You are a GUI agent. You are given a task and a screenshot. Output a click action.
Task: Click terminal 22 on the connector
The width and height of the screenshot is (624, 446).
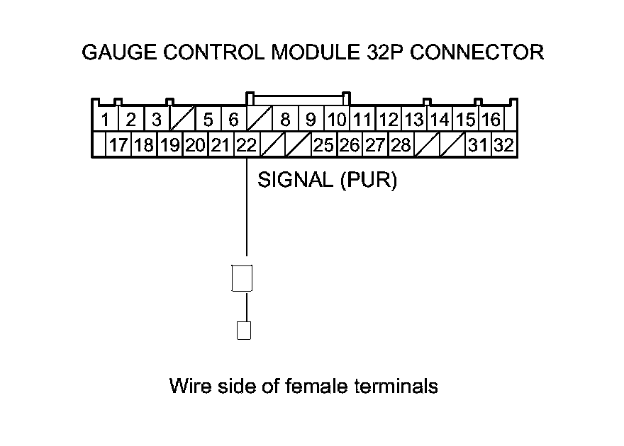coord(246,145)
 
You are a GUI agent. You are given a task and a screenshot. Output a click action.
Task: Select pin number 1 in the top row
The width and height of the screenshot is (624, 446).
coord(105,119)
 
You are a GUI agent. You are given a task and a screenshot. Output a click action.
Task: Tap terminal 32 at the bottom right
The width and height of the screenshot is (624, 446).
coord(504,145)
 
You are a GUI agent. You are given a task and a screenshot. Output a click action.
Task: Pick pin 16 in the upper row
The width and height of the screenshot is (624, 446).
coord(491,119)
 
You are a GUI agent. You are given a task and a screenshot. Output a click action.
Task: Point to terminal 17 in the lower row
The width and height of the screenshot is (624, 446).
coord(118,145)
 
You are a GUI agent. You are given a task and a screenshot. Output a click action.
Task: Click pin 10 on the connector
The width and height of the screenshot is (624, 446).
coord(336,119)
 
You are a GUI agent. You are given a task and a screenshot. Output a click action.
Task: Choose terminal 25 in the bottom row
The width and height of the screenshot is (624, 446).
coord(323,145)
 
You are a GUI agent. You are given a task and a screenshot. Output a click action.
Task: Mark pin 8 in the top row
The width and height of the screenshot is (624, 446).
coord(285,119)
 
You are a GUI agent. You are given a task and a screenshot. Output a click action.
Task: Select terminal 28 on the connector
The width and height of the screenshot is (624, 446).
coord(401,145)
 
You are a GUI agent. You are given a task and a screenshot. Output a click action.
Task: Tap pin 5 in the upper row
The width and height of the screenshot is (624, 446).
coord(208,119)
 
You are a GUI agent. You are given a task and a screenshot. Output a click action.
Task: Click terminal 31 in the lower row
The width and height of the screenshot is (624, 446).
coord(478,145)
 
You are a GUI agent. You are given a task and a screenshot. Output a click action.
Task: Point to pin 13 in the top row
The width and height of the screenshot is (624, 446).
coord(413,119)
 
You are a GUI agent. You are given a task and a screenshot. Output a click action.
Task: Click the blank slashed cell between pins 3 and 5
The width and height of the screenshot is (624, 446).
coord(182,119)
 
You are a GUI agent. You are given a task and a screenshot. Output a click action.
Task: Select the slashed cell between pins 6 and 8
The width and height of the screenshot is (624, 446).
coord(260,119)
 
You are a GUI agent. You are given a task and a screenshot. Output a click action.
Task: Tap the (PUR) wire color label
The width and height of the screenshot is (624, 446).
coord(368,181)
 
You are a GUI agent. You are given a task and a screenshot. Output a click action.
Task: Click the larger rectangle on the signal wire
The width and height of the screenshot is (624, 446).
coord(243,278)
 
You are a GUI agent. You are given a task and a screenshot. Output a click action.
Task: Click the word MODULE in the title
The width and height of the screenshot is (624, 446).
coord(315,52)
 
